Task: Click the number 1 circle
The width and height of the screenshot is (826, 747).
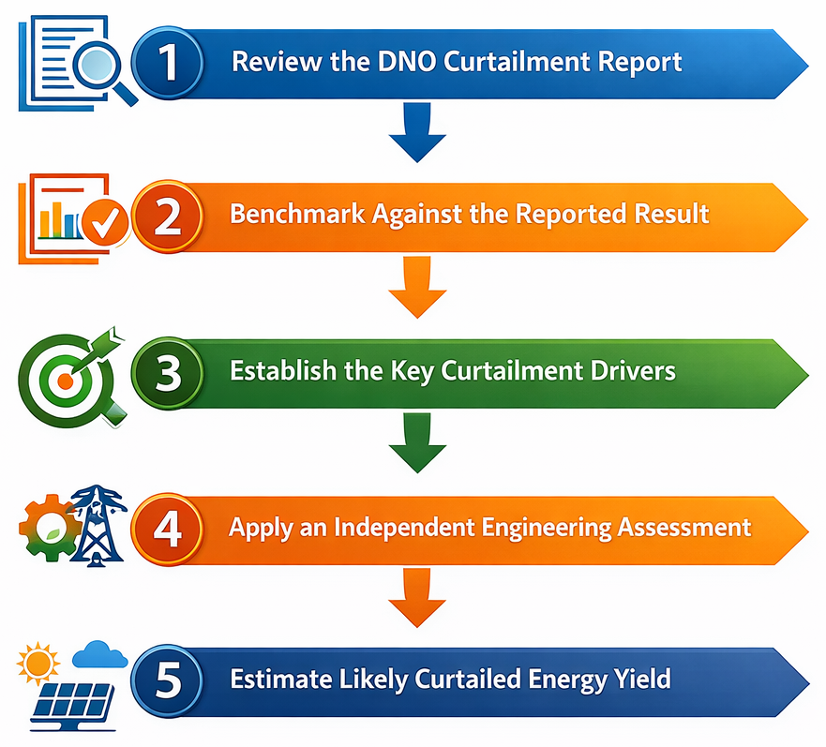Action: point(167,63)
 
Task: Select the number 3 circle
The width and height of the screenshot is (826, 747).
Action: point(167,373)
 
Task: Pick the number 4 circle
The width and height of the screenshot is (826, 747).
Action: point(167,527)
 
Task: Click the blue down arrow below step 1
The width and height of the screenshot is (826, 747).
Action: point(416,132)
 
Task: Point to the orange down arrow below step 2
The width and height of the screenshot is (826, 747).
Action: point(416,288)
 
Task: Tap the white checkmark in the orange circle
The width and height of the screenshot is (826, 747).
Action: point(104,221)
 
